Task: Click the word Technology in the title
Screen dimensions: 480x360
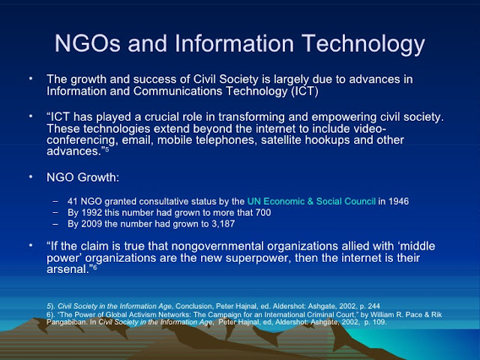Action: click(x=363, y=44)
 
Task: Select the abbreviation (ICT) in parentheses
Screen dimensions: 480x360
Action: click(x=304, y=91)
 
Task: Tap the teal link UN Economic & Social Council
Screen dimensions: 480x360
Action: click(x=311, y=201)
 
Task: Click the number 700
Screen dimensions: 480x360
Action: click(x=262, y=212)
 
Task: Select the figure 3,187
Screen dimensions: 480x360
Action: click(x=223, y=223)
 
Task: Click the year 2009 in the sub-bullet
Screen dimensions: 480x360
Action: click(x=91, y=223)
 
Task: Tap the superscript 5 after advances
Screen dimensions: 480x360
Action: click(x=106, y=149)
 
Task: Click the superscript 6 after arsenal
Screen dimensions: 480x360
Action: click(x=95, y=267)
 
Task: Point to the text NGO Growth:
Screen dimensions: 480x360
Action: click(x=82, y=177)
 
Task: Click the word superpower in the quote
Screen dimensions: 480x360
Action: click(x=258, y=258)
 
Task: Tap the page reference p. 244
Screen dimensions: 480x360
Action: click(x=369, y=306)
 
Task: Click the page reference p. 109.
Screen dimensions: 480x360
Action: click(x=376, y=322)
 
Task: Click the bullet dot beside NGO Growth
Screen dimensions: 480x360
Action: click(x=31, y=177)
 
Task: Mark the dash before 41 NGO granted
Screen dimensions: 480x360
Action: click(x=55, y=202)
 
